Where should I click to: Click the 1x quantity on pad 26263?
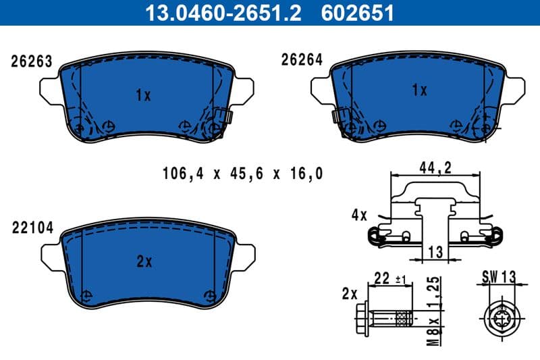(x=142, y=95)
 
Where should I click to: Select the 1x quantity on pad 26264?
(x=419, y=89)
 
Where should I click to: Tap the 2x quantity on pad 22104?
(x=144, y=262)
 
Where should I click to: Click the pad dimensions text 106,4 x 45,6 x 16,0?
(x=242, y=174)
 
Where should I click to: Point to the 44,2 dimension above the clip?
(x=435, y=168)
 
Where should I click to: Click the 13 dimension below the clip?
(x=435, y=252)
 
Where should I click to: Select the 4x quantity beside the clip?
(x=358, y=215)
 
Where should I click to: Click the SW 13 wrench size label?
(x=499, y=276)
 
